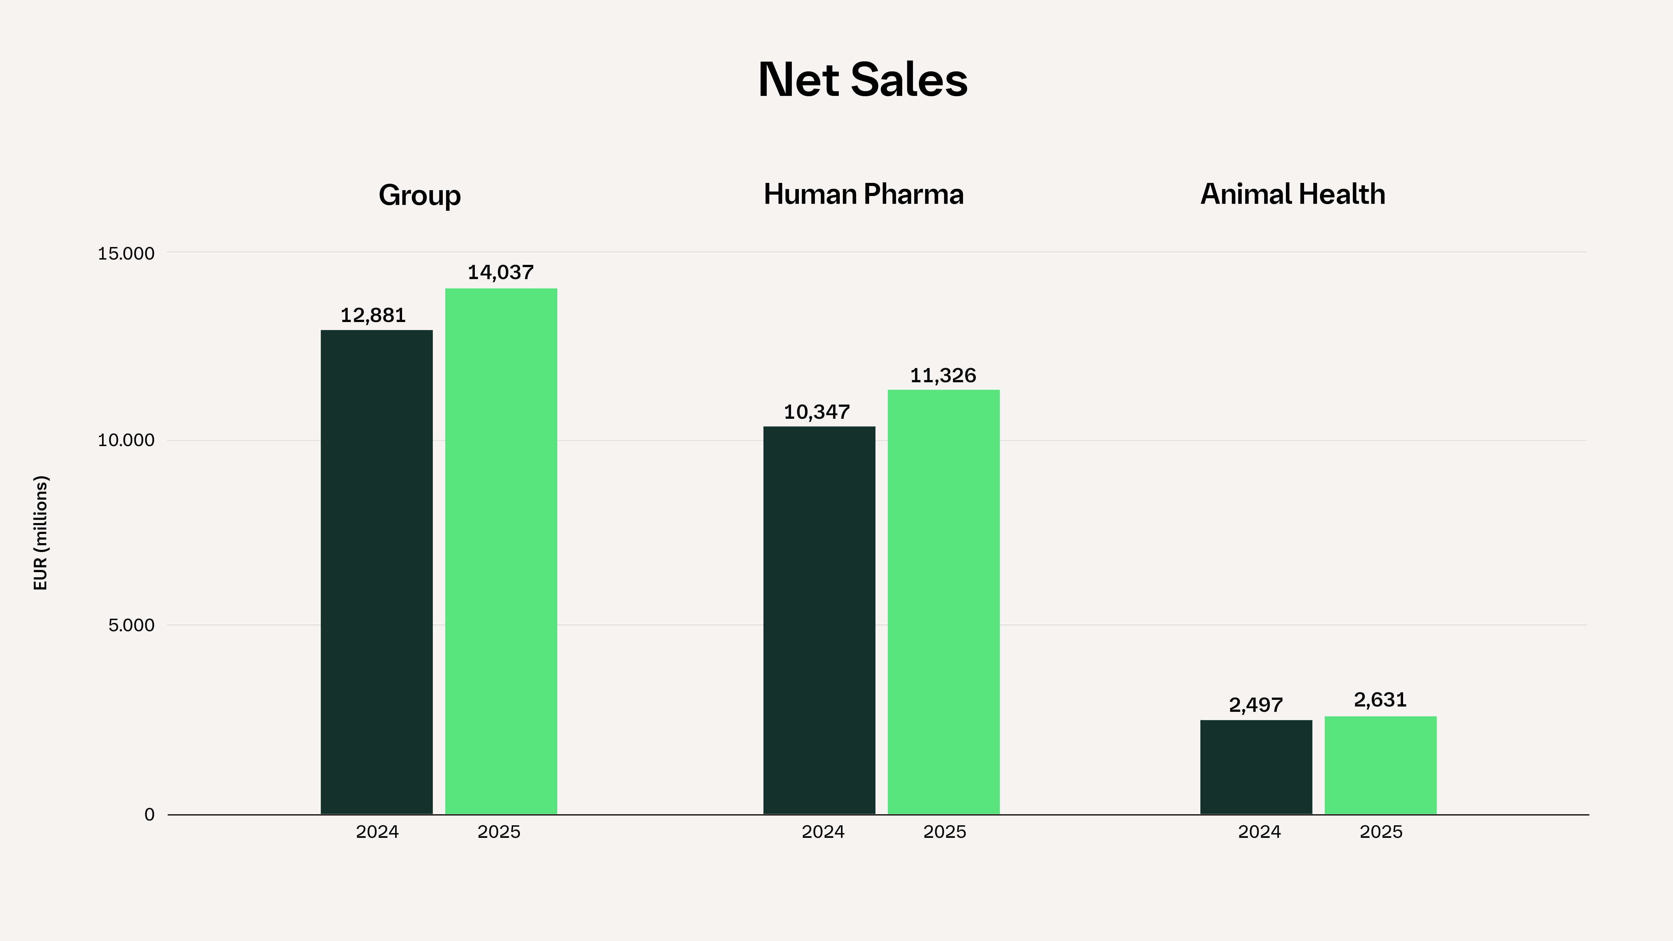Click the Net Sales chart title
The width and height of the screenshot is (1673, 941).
tap(862, 80)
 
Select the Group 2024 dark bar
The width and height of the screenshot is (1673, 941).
tap(377, 572)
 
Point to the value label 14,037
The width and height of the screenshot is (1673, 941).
tap(501, 272)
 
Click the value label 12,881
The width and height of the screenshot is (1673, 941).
tap(373, 316)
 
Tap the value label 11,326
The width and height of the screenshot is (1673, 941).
tap(943, 375)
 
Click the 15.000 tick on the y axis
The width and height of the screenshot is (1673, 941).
tap(127, 253)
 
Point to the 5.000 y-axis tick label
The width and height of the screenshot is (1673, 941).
tap(132, 625)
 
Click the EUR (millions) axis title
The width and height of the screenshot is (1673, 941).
tap(40, 533)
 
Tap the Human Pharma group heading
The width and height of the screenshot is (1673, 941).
tap(863, 194)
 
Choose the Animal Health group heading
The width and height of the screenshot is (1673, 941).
tap(1292, 194)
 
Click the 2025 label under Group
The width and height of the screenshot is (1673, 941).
tap(499, 832)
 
